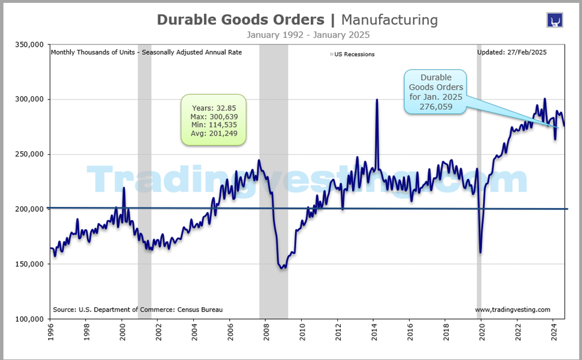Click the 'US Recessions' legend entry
(353, 55)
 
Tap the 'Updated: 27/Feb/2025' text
(511, 52)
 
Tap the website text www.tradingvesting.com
(512, 310)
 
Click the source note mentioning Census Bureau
(137, 310)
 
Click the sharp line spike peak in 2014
(377, 100)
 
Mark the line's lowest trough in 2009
(282, 268)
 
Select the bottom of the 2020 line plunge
(481, 252)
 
